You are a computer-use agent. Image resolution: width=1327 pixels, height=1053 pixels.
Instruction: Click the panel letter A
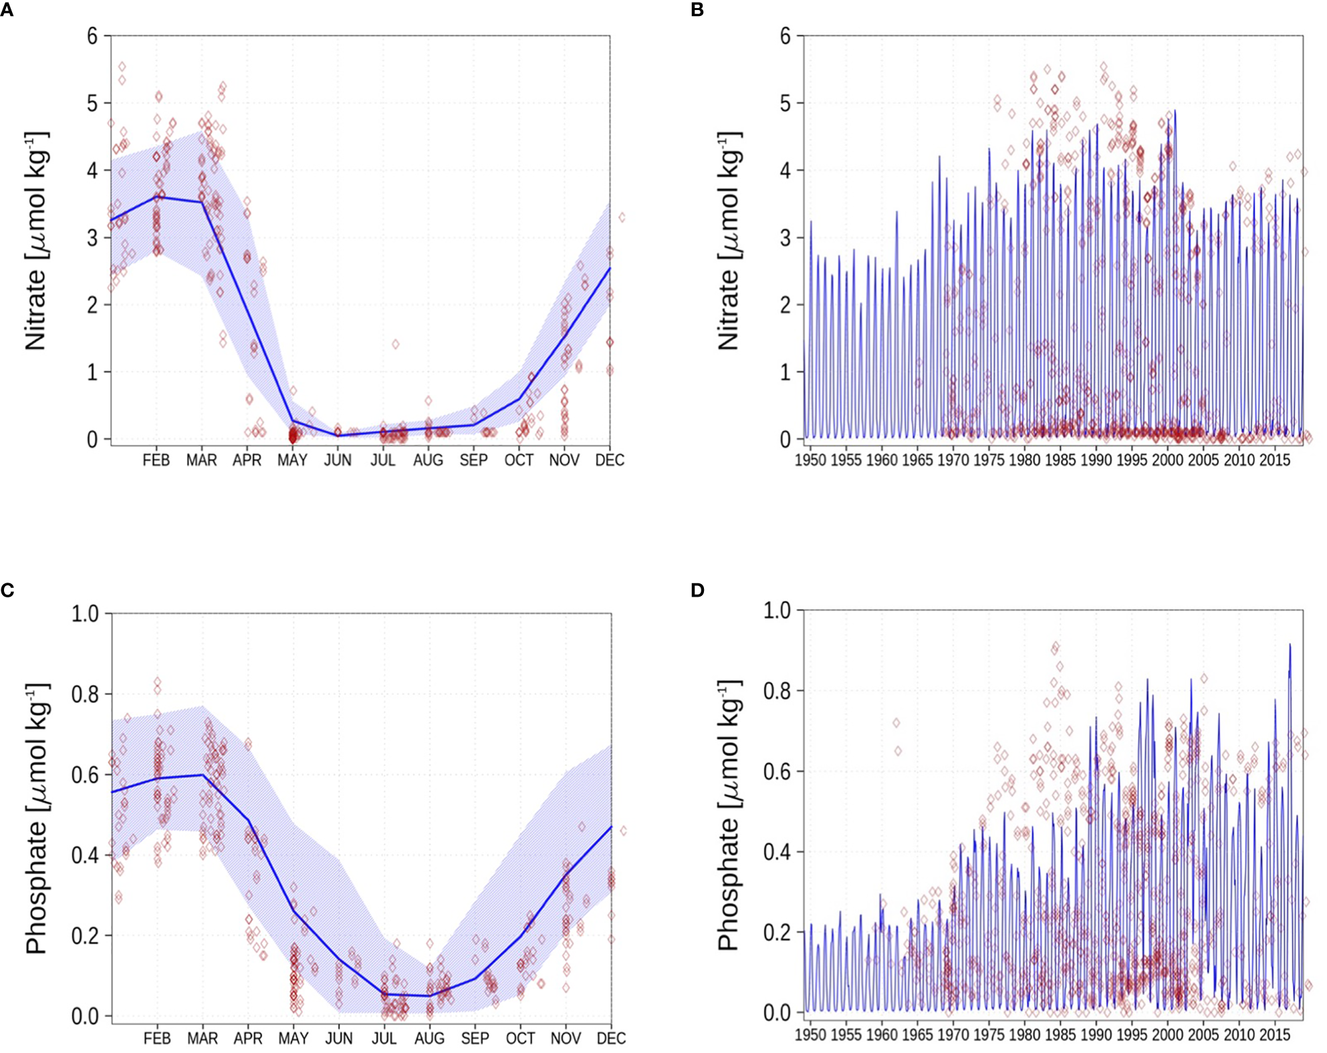click(x=7, y=10)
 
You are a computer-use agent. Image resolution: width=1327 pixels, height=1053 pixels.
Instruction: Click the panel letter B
click(x=697, y=10)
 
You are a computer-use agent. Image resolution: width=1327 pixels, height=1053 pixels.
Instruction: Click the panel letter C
click(x=7, y=590)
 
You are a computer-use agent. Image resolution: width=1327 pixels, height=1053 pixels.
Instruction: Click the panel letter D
click(x=697, y=590)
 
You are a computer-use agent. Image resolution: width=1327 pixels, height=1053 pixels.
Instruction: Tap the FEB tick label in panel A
click(x=156, y=460)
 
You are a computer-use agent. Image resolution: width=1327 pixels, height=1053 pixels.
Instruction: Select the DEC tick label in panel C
click(x=610, y=1038)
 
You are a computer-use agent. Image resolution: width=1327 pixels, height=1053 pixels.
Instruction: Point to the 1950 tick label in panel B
click(x=810, y=460)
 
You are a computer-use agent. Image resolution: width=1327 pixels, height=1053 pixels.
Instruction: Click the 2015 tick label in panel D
click(x=1274, y=1035)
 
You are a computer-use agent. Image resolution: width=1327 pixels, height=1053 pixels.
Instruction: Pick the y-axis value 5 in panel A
click(x=92, y=104)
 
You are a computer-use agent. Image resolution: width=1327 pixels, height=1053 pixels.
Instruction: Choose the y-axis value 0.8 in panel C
click(x=85, y=694)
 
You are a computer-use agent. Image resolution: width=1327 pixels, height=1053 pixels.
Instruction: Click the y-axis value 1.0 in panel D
click(x=777, y=610)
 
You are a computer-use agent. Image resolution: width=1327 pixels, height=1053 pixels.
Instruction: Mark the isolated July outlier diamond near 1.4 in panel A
click(x=396, y=344)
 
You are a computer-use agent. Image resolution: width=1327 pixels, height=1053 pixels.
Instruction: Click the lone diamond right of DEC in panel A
click(x=622, y=217)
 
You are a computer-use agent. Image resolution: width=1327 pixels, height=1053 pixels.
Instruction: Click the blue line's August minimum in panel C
click(x=429, y=996)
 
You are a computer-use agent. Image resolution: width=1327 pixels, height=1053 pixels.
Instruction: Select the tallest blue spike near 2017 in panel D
click(x=1290, y=645)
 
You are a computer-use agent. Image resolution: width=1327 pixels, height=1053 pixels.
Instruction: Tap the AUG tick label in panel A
click(x=428, y=460)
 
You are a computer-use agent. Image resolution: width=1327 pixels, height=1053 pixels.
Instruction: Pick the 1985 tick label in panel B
click(x=1060, y=460)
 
